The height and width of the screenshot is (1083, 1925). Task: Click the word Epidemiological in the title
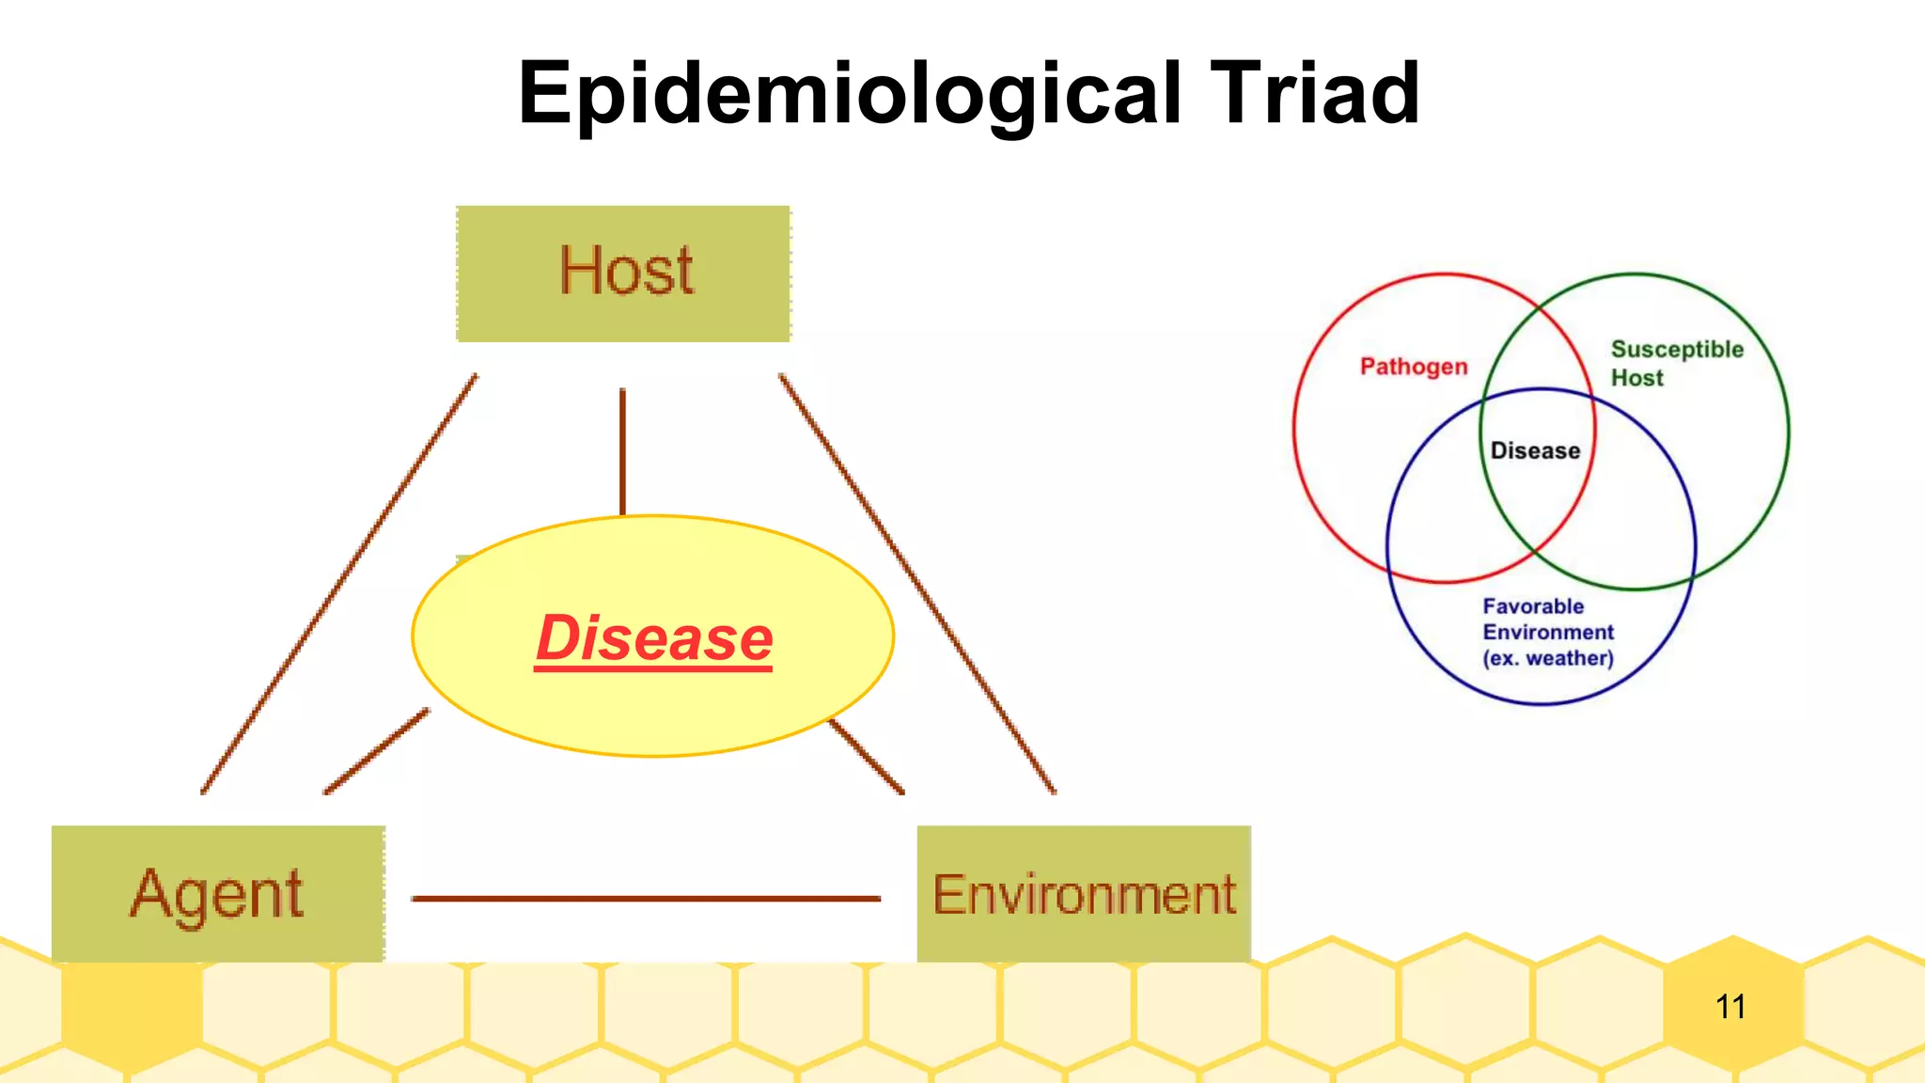pyautogui.click(x=851, y=94)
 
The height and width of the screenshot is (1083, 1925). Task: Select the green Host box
pyautogui.click(x=623, y=273)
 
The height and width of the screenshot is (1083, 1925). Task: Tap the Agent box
pyautogui.click(x=217, y=893)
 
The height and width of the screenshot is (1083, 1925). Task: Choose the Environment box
pyautogui.click(x=1083, y=893)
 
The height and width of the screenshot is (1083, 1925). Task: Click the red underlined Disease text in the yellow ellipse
pyautogui.click(x=653, y=639)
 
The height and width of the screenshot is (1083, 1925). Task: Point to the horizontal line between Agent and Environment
pyautogui.click(x=646, y=899)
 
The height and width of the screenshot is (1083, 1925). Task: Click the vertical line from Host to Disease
pyautogui.click(x=622, y=451)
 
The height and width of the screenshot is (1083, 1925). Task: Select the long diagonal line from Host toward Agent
pyautogui.click(x=338, y=583)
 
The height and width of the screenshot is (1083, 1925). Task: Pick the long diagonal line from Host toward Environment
pyautogui.click(x=916, y=583)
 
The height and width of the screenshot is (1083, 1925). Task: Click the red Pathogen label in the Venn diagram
pyautogui.click(x=1414, y=366)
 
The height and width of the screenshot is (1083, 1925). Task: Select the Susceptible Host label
pyautogui.click(x=1676, y=363)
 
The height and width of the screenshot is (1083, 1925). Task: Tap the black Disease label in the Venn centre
pyautogui.click(x=1535, y=450)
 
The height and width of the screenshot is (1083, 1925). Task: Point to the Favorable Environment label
pyautogui.click(x=1547, y=620)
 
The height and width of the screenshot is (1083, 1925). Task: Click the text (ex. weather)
pyautogui.click(x=1547, y=658)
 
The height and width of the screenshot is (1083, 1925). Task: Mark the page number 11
pyautogui.click(x=1729, y=1007)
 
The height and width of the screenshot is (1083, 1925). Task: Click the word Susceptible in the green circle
pyautogui.click(x=1677, y=350)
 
